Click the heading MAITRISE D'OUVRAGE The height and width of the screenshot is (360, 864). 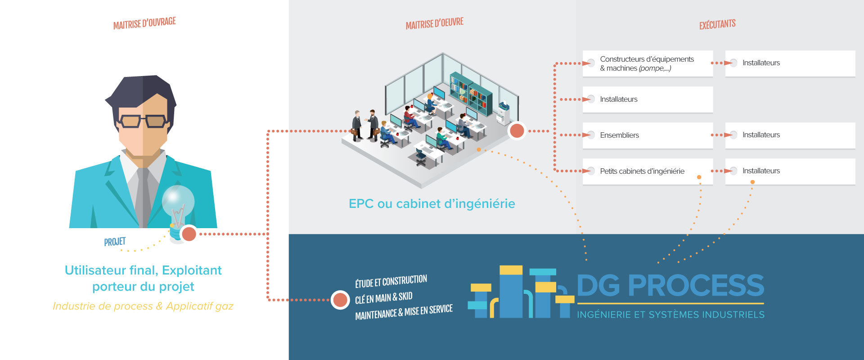[x=144, y=23]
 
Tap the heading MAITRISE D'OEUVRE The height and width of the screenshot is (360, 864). [x=435, y=23]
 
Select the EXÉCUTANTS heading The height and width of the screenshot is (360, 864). [x=717, y=24]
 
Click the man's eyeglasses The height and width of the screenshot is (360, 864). [x=143, y=121]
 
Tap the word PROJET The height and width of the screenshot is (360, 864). [x=115, y=242]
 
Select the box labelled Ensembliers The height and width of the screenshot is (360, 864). [x=648, y=135]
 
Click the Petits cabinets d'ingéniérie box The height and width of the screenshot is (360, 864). [x=648, y=171]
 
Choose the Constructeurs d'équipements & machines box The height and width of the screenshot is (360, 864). [x=648, y=63]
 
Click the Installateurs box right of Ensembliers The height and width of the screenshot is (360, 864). [x=790, y=135]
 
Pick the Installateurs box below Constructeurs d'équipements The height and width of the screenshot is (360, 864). [x=648, y=99]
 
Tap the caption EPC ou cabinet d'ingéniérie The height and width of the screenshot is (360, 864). [x=432, y=204]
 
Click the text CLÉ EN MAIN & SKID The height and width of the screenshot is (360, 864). [x=383, y=297]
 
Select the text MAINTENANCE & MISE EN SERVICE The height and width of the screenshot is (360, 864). [x=404, y=312]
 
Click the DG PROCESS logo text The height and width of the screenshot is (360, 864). [x=670, y=285]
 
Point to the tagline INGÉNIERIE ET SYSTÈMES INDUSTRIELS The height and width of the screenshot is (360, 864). [x=670, y=315]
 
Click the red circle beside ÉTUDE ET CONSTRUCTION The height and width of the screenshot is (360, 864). [x=340, y=300]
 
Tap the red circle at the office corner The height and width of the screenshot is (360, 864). [x=517, y=131]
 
